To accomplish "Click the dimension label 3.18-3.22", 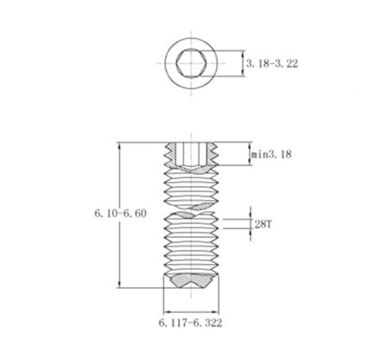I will (x=272, y=63).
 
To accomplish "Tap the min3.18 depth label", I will (x=271, y=155).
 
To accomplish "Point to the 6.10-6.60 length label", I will (x=121, y=213).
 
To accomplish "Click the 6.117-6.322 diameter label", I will (x=190, y=323).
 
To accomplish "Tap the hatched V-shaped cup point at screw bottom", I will (x=191, y=280).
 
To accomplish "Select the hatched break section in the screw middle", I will (x=191, y=211).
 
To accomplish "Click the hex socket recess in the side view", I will (x=191, y=153).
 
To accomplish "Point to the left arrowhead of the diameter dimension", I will (x=167, y=312).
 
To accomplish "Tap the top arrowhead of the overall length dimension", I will (x=119, y=145).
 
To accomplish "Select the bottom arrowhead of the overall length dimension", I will (x=119, y=284).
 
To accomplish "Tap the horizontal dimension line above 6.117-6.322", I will (x=191, y=312).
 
